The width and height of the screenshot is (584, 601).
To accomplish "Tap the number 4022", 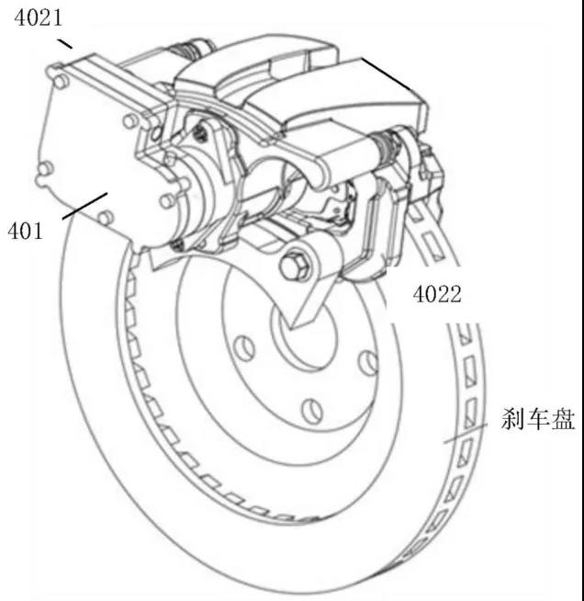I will (x=435, y=295).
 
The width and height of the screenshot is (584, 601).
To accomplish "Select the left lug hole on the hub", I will (x=242, y=347).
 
